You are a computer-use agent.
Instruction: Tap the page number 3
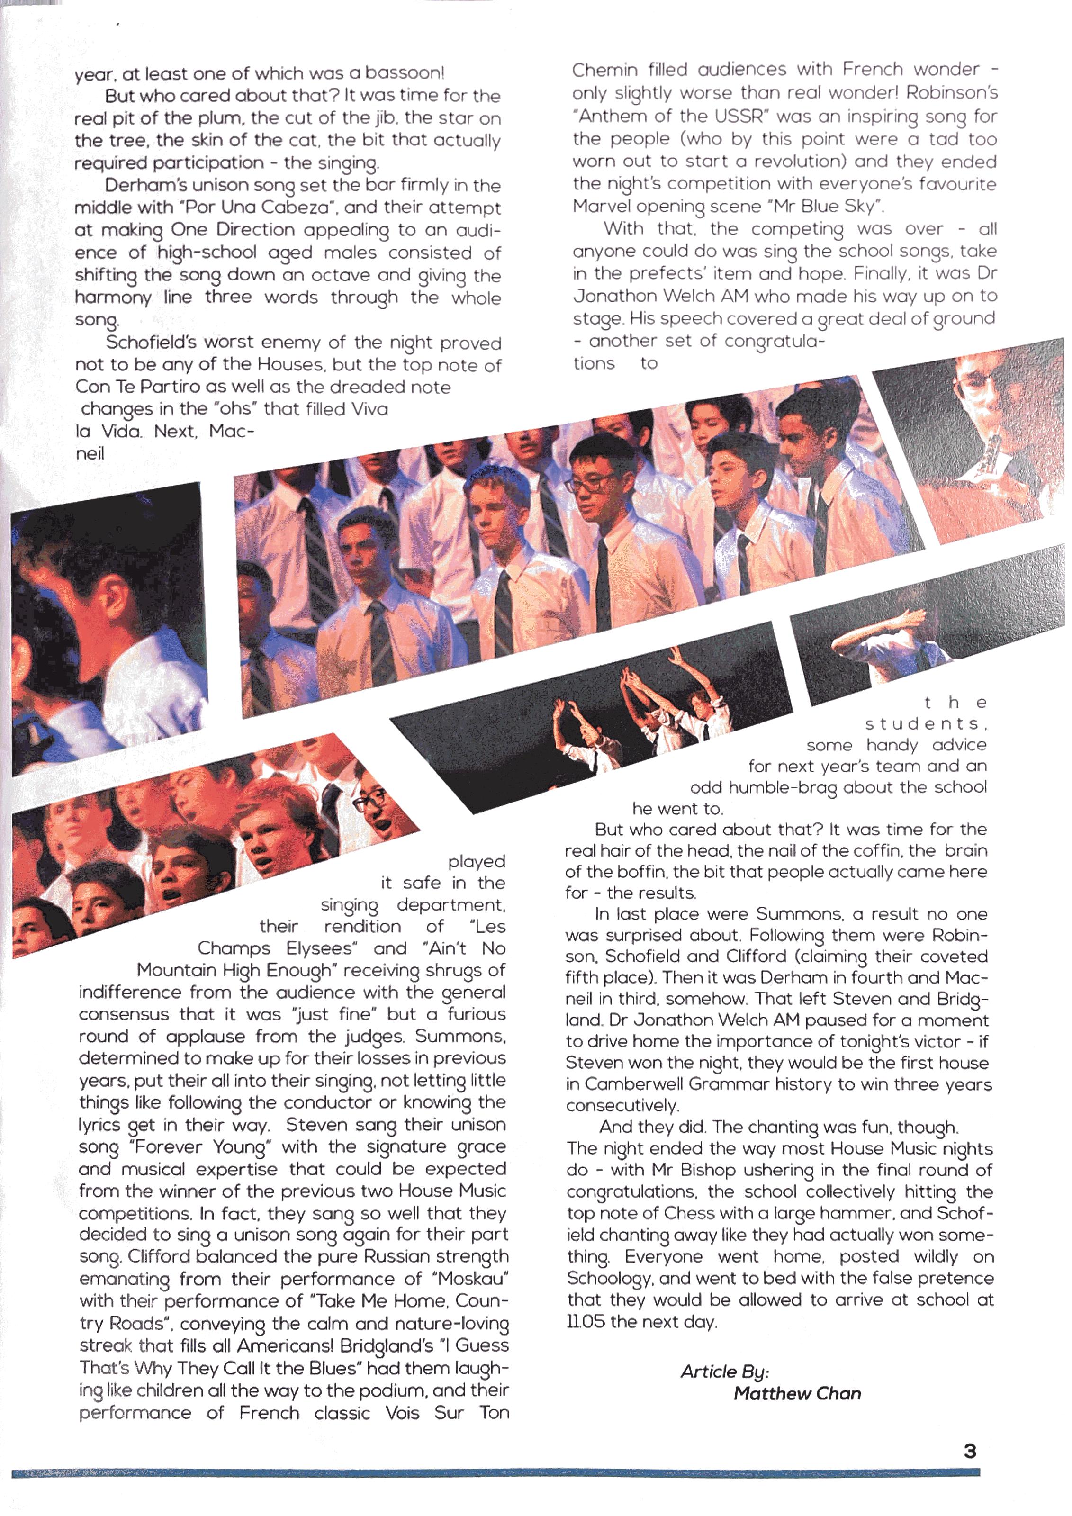[970, 1451]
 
